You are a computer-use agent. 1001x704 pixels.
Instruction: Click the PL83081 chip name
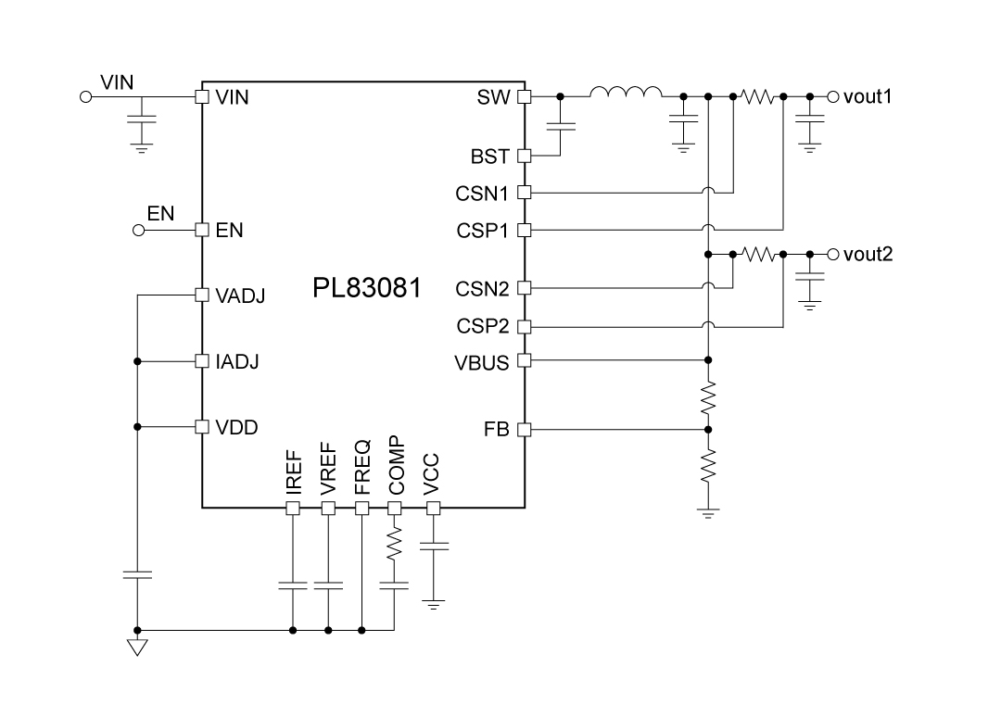(x=366, y=288)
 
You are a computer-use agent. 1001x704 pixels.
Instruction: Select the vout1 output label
(x=868, y=95)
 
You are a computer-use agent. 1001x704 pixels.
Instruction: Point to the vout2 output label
(x=868, y=254)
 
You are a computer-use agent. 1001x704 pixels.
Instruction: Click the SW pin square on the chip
(x=524, y=96)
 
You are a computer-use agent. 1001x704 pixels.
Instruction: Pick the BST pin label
(x=489, y=157)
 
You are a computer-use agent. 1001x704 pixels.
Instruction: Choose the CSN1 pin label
(x=482, y=194)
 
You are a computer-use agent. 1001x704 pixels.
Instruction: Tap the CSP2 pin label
(x=482, y=326)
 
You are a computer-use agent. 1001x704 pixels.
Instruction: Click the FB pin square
(x=524, y=430)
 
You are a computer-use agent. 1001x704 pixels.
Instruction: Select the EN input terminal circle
(x=138, y=231)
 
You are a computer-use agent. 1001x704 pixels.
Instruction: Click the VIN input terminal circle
(x=86, y=96)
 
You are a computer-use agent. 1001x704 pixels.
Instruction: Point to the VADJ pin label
(x=240, y=296)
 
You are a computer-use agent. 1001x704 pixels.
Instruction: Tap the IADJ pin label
(x=237, y=361)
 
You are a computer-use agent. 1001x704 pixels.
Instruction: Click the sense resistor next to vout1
(x=758, y=96)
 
